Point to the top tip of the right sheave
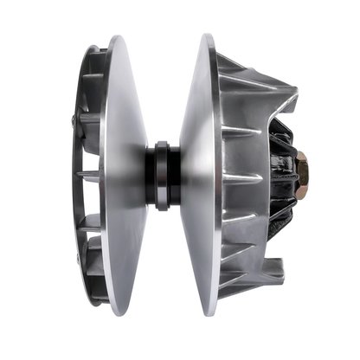point(207,35)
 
